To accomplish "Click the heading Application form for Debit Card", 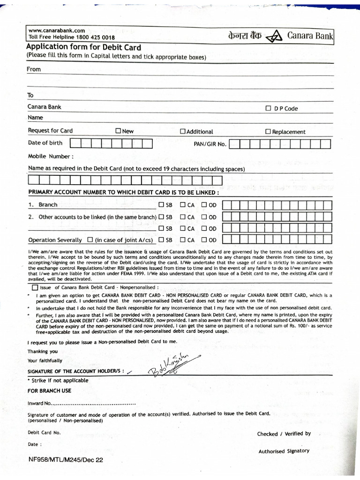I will pyautogui.click(x=83, y=47).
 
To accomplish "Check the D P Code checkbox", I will pyautogui.click(x=269, y=109).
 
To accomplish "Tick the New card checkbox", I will pyautogui.click(x=118, y=131).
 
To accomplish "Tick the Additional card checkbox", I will pyautogui.click(x=183, y=132).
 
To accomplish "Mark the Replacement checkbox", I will pyautogui.click(x=268, y=132).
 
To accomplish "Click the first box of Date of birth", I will pyautogui.click(x=75, y=143).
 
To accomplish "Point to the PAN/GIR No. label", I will pyautogui.click(x=210, y=144).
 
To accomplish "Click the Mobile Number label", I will pyautogui.click(x=51, y=156).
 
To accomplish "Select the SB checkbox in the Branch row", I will pyautogui.click(x=161, y=205).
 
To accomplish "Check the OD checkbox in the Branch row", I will pyautogui.click(x=204, y=205).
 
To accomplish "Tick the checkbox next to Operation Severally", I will pyautogui.click(x=90, y=240).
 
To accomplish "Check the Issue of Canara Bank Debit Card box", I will pyautogui.click(x=35, y=287).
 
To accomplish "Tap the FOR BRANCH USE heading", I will pyautogui.click(x=49, y=390).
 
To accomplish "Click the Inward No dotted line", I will pyautogui.click(x=94, y=403).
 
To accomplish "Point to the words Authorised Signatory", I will pyautogui.click(x=284, y=451).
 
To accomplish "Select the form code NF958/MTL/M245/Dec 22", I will pyautogui.click(x=66, y=460).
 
